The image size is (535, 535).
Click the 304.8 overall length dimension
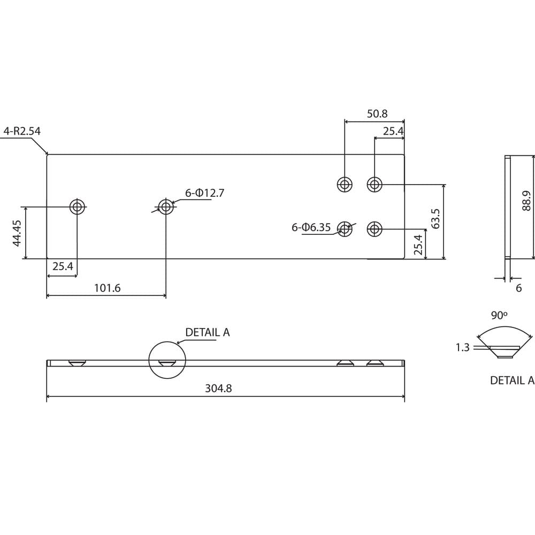(218, 389)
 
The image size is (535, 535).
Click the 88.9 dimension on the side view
(527, 201)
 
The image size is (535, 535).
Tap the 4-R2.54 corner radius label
(22, 131)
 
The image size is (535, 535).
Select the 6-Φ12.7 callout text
(204, 193)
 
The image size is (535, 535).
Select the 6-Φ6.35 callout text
(311, 227)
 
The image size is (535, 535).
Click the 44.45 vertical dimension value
(17, 233)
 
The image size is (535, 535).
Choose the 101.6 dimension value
(107, 288)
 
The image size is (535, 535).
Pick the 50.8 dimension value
(377, 114)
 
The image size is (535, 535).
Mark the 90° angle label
(499, 316)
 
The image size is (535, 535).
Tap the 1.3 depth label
(462, 348)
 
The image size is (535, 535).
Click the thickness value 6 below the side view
(518, 288)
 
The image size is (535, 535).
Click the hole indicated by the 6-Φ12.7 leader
(166, 207)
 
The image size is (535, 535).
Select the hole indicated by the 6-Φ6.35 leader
(345, 230)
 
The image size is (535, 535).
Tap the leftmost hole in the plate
(78, 207)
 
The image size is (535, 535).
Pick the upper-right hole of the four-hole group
(374, 185)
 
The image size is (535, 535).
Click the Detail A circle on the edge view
(167, 360)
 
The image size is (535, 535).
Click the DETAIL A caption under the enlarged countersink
(512, 380)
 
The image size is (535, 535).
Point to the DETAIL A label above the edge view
(207, 332)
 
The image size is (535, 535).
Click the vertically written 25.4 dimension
(418, 244)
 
